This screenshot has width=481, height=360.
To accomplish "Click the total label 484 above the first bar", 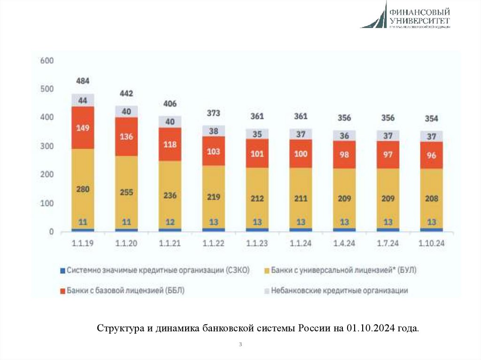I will (83, 81).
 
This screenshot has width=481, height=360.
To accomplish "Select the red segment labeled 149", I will (83, 128).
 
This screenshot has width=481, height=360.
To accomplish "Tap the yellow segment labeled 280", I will (83, 189).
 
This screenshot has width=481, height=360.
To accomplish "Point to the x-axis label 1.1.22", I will (213, 243).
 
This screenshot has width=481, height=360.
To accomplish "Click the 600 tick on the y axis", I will (47, 61).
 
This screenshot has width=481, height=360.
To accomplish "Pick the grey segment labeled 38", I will (213, 131).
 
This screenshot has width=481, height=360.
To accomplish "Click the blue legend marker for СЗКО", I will (62, 270).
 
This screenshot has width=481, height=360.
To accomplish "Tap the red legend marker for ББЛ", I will (62, 291).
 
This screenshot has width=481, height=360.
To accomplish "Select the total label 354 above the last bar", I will (431, 118).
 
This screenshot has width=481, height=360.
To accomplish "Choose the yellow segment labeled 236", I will (170, 195).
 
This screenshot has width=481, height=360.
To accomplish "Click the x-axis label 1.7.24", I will (388, 243).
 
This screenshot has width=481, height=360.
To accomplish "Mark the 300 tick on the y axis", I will (47, 146).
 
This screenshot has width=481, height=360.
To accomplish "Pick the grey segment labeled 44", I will (83, 100).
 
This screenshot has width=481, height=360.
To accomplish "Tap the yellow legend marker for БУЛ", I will (266, 270).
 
